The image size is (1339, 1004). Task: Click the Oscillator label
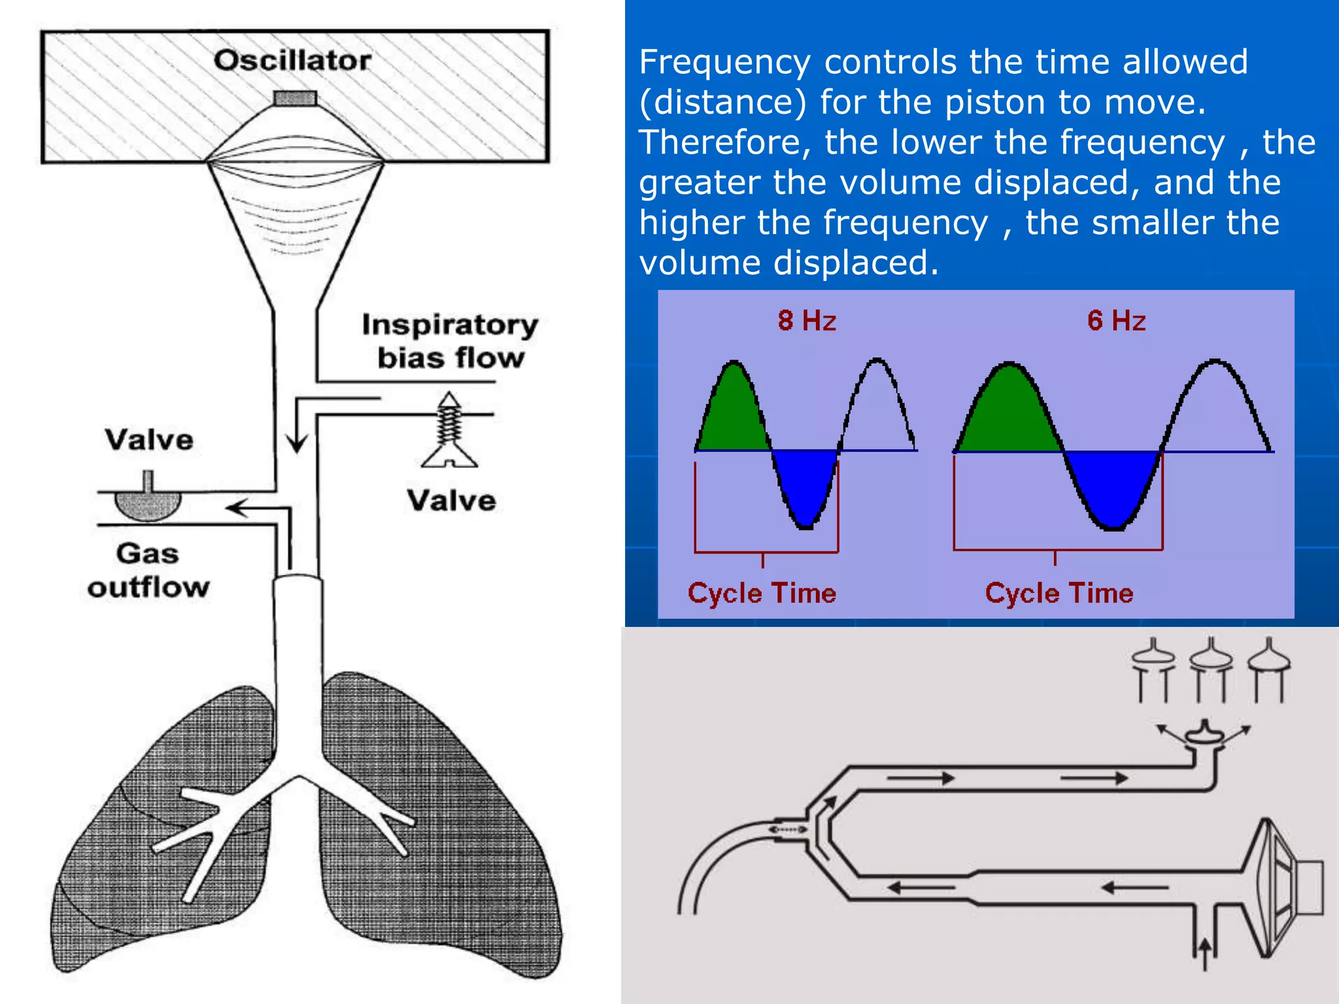coord(292,61)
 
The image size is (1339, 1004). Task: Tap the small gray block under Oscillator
coord(296,99)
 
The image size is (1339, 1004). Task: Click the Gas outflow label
coord(148,570)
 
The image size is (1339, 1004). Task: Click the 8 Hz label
coord(807,321)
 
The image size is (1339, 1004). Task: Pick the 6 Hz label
coord(1116,321)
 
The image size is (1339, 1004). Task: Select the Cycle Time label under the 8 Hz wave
coord(762,594)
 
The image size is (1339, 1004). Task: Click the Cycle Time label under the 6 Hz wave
coord(1059,594)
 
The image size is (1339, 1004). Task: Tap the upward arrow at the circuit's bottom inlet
coord(1204,954)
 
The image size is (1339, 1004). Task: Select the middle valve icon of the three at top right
coord(1211,660)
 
